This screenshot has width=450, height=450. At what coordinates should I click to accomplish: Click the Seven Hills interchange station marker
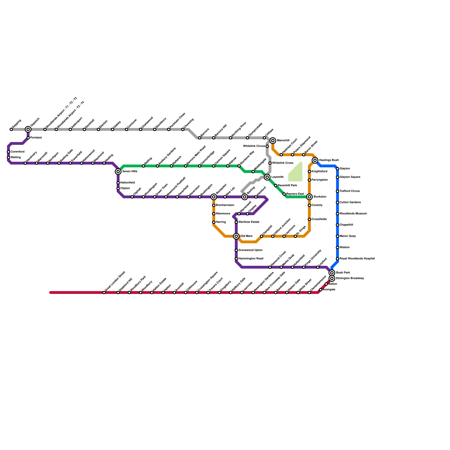click(118, 172)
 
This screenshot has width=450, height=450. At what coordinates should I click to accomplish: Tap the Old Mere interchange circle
click(236, 236)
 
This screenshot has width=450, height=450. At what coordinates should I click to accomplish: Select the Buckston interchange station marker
click(309, 197)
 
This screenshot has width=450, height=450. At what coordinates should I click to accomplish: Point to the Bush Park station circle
click(332, 273)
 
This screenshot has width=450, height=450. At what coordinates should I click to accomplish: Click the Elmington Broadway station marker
click(332, 278)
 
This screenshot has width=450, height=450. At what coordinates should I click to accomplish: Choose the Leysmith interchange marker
click(267, 177)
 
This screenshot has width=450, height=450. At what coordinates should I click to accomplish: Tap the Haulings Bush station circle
click(315, 160)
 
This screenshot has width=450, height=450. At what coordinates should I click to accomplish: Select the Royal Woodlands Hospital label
click(357, 259)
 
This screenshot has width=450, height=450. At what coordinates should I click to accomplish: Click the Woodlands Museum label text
click(353, 214)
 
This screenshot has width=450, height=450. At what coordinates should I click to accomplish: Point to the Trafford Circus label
click(350, 191)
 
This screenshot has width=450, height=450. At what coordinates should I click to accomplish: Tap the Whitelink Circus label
click(254, 146)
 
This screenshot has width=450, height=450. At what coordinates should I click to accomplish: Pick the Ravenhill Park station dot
click(276, 186)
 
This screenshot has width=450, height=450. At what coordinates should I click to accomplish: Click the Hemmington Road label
click(251, 259)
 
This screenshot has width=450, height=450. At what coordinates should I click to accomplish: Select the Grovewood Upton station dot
click(236, 250)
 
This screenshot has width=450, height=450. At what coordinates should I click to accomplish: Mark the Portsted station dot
click(28, 138)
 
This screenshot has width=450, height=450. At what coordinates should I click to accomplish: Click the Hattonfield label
click(127, 183)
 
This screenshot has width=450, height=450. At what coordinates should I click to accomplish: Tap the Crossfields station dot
click(309, 219)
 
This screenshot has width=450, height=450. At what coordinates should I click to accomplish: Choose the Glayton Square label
click(350, 177)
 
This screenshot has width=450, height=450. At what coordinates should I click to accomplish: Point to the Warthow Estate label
click(249, 222)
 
